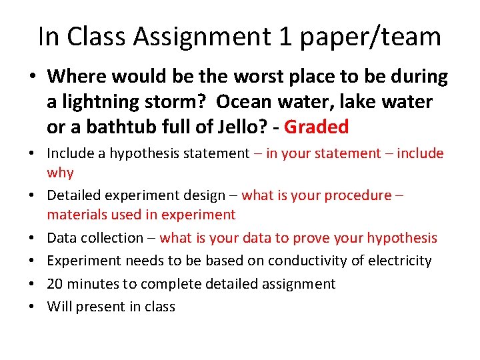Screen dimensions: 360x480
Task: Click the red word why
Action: [60, 173]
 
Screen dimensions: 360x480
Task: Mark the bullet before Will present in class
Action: [32, 307]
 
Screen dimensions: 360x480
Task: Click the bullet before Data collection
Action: [32, 238]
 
